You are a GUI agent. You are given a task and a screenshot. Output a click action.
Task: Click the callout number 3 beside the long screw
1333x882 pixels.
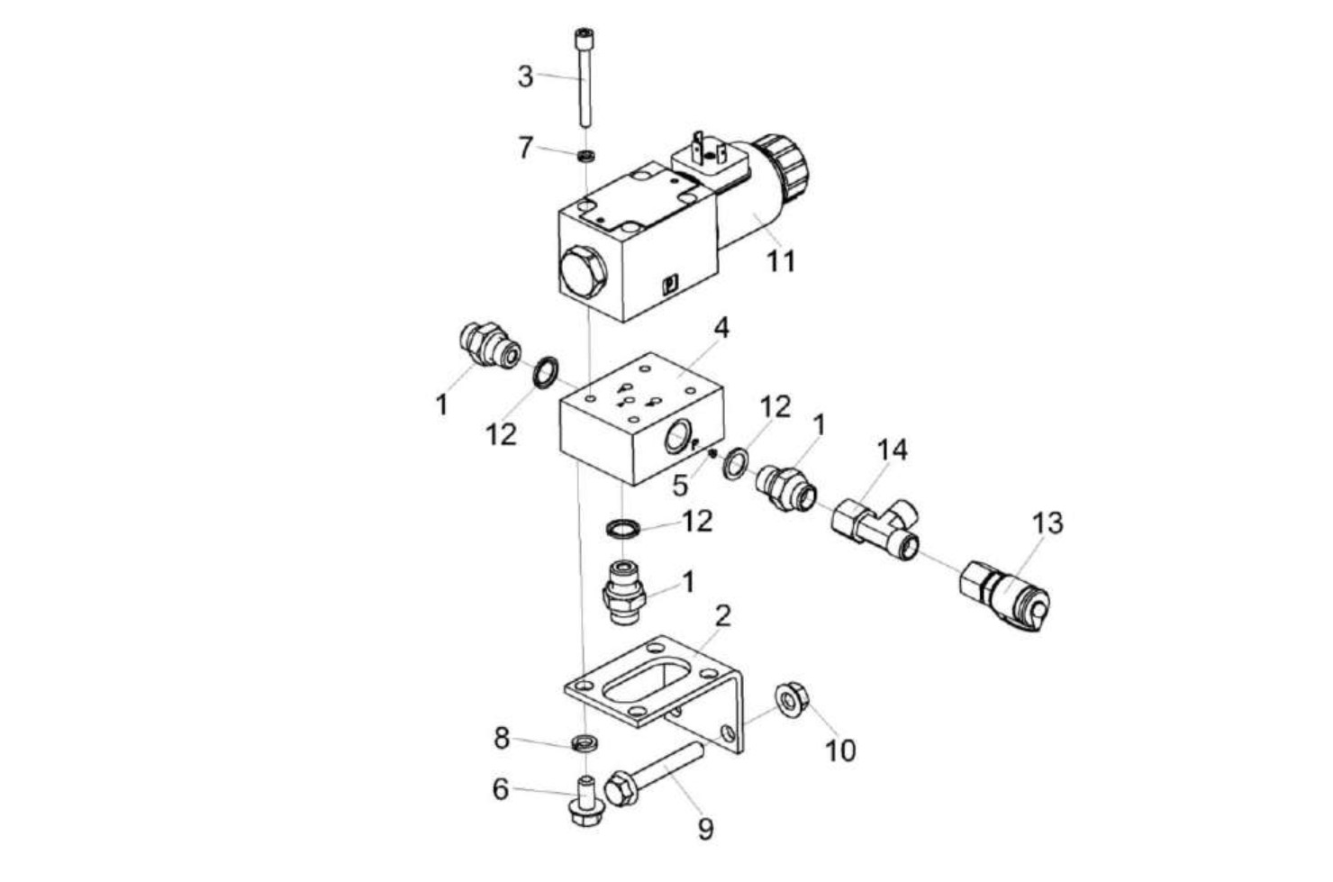tap(525, 77)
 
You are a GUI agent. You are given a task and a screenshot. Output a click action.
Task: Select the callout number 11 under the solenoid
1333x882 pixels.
tap(781, 261)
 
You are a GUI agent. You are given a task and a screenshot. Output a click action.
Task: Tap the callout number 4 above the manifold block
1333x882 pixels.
tap(721, 328)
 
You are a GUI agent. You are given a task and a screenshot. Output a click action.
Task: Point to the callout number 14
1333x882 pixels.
tap(893, 450)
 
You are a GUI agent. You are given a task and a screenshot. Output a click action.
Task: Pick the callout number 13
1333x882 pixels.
tap(1047, 523)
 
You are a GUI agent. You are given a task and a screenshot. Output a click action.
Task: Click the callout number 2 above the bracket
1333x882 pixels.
tap(722, 616)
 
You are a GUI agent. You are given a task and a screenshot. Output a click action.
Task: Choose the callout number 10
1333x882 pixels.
tap(840, 750)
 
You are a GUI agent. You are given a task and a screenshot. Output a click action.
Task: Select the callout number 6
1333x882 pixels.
tap(501, 789)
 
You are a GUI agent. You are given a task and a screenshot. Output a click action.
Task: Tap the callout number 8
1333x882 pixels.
tap(502, 739)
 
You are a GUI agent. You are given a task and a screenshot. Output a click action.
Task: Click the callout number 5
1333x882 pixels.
tap(680, 486)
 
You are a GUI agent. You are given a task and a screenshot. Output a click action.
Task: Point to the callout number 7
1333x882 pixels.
tap(526, 147)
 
